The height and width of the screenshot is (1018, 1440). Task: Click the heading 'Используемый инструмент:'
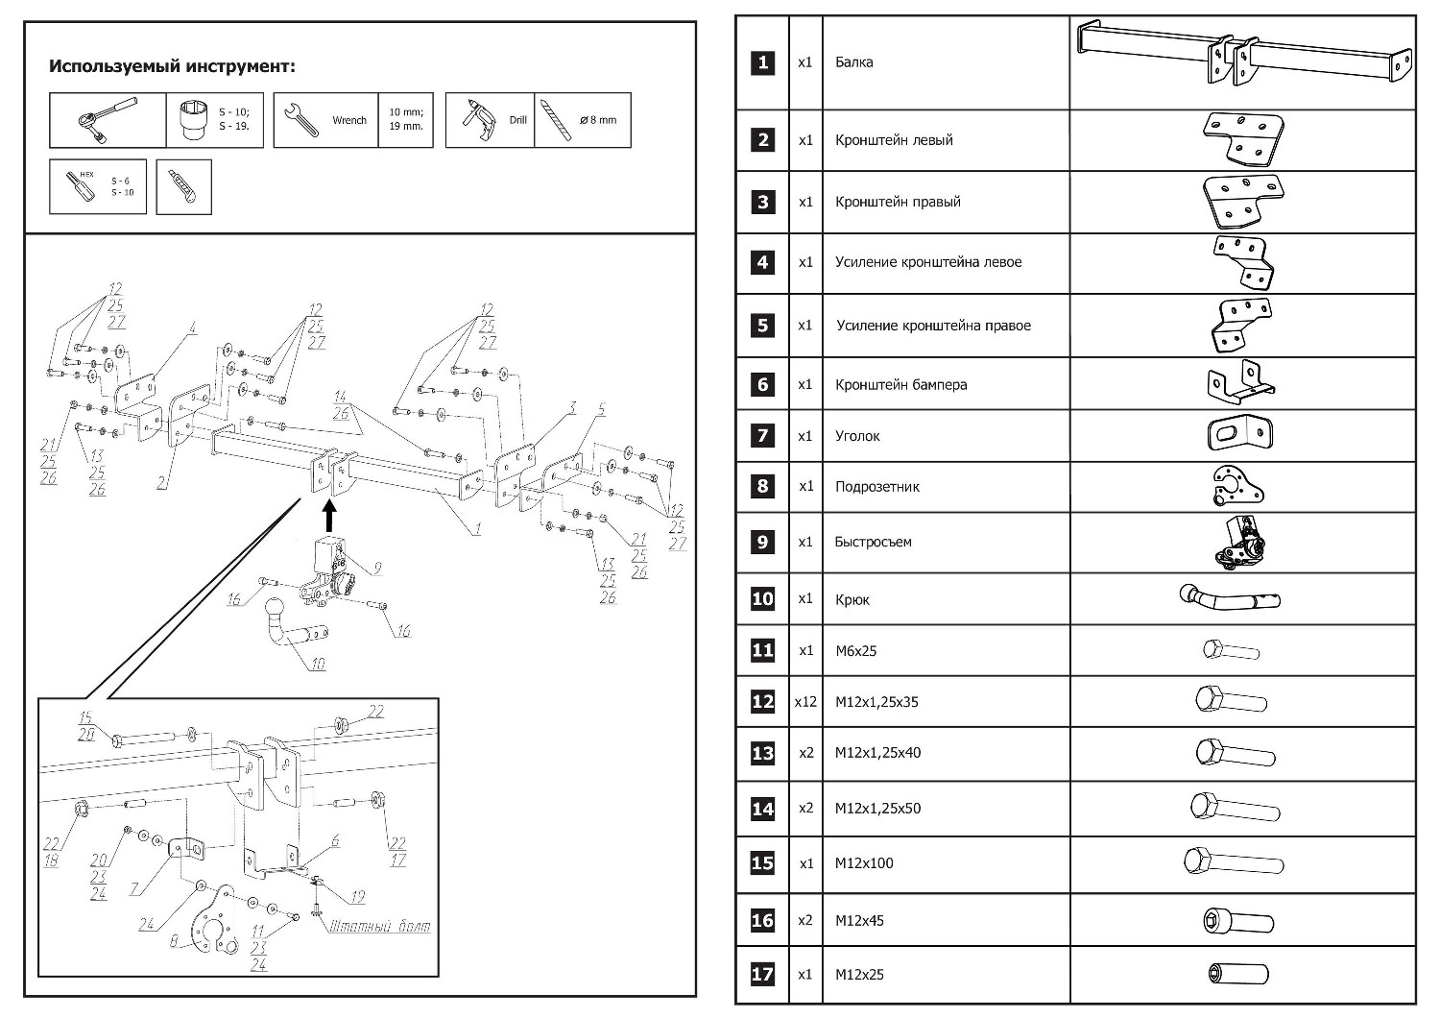coord(172,67)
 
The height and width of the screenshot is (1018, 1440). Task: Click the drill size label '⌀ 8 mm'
coord(598,120)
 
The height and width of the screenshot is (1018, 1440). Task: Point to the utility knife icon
coord(183,187)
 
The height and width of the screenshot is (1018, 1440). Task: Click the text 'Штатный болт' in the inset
coord(379,927)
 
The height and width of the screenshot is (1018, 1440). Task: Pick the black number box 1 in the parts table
coord(763,62)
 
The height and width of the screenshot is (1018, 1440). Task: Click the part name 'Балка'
coord(853,62)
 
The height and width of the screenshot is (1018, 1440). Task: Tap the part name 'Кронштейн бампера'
coord(900,385)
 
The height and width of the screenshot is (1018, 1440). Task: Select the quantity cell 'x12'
coord(805,702)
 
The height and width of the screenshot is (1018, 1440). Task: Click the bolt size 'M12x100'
coord(864,863)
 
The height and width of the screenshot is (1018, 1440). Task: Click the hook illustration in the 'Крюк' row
coord(1230,599)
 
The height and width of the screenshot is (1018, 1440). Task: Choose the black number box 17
coord(763,974)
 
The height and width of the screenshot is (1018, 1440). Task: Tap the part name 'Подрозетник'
coord(876,487)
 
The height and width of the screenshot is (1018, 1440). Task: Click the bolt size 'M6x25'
coord(855,651)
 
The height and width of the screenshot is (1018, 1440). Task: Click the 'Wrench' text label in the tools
coord(349,121)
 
